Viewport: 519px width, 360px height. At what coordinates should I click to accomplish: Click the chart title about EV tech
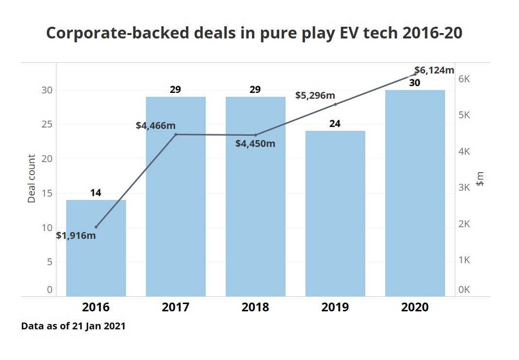254,33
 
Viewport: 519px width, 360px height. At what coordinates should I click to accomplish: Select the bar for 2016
96,248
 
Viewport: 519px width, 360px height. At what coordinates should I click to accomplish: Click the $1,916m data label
76,236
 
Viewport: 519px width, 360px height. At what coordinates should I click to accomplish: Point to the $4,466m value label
156,126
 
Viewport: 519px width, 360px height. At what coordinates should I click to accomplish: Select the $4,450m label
255,144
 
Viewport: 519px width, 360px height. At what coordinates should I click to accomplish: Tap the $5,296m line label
315,95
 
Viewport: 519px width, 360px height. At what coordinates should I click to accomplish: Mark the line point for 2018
255,135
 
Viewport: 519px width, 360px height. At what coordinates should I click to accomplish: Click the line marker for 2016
96,227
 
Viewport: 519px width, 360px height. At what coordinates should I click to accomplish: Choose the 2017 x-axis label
176,307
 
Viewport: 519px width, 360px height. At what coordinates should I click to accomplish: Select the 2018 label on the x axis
255,307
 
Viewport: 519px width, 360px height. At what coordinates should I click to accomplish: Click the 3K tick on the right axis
465,187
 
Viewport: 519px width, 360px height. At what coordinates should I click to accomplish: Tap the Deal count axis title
32,179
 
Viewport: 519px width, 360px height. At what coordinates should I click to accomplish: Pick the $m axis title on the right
480,180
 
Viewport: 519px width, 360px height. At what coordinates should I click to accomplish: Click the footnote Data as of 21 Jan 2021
73,326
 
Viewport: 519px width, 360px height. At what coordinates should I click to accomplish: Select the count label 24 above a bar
335,124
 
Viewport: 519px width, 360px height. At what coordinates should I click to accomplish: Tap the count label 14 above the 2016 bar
96,193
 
